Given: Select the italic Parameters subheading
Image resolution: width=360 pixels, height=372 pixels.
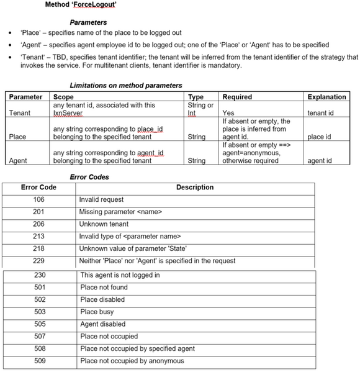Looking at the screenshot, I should [x=89, y=23].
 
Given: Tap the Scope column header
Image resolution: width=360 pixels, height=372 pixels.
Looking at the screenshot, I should [x=64, y=97].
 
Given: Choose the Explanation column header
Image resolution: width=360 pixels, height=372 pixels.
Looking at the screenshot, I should [x=326, y=97].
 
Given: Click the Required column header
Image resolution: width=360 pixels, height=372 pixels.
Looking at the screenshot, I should [x=237, y=97].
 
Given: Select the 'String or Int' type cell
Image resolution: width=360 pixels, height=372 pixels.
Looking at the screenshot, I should [x=200, y=109].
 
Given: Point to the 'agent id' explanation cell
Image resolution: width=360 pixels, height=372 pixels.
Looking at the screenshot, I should [x=320, y=161].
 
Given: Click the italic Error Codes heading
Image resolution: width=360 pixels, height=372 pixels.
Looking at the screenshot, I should [x=89, y=177].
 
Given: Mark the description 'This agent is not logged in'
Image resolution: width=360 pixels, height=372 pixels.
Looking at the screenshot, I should [x=120, y=275].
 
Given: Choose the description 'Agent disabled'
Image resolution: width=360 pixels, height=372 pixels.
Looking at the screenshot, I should [x=103, y=324].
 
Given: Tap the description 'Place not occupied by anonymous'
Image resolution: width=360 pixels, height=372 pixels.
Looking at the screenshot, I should [x=132, y=361].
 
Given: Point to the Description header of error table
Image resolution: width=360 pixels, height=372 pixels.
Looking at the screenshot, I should [x=194, y=188].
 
